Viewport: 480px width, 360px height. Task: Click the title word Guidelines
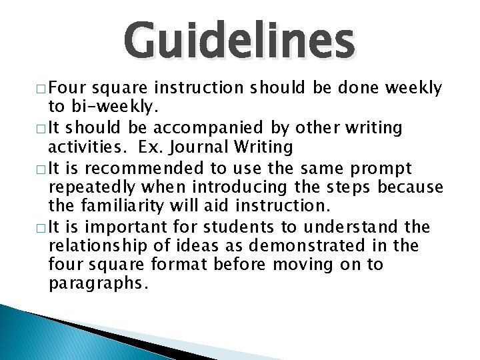pos(240,41)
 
